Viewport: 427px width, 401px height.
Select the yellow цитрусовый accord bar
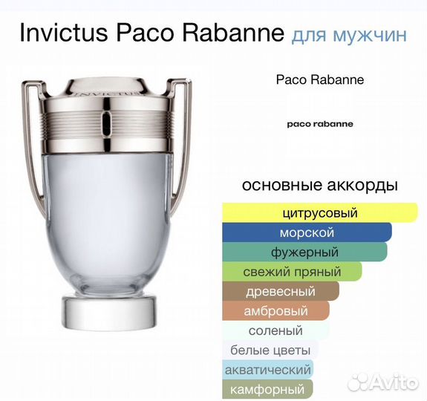click(x=319, y=213)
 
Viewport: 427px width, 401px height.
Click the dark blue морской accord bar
click(x=306, y=233)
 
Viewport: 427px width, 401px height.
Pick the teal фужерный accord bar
click(x=304, y=252)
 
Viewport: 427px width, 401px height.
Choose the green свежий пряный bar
click(x=292, y=272)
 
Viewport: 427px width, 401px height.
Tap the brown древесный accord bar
click(x=280, y=291)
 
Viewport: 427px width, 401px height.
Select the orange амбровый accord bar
click(x=275, y=311)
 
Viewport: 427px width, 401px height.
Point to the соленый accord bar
click(x=275, y=330)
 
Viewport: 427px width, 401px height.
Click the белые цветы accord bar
click(x=270, y=350)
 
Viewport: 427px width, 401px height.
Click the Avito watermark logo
click(x=382, y=382)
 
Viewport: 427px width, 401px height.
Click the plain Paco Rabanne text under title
click(x=319, y=79)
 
